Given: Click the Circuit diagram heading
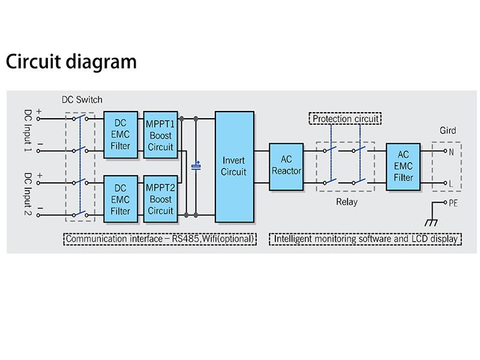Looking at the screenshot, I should pyautogui.click(x=71, y=62).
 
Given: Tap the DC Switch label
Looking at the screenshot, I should pyautogui.click(x=82, y=100).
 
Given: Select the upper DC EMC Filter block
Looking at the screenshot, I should pyautogui.click(x=121, y=134).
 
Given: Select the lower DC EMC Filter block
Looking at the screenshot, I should pyautogui.click(x=121, y=199).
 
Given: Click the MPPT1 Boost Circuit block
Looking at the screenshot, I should pyautogui.click(x=160, y=134).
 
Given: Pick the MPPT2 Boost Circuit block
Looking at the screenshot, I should pyautogui.click(x=160, y=199).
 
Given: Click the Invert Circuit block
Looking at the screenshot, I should pyautogui.click(x=234, y=166).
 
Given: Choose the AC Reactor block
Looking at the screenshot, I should pyautogui.click(x=287, y=166).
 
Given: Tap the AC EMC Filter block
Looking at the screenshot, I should pyautogui.click(x=403, y=166).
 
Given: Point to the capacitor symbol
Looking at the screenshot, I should pyautogui.click(x=196, y=166).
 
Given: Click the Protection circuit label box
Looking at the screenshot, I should pyautogui.click(x=346, y=119).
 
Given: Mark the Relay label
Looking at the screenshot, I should pyautogui.click(x=346, y=202).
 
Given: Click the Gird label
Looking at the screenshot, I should pyautogui.click(x=448, y=130).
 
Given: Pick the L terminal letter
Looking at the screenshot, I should pyautogui.click(x=451, y=182).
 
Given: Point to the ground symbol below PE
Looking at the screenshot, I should pyautogui.click(x=430, y=223).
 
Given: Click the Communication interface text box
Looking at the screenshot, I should pyautogui.click(x=160, y=239).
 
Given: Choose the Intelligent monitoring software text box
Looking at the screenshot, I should pyautogui.click(x=366, y=239).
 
